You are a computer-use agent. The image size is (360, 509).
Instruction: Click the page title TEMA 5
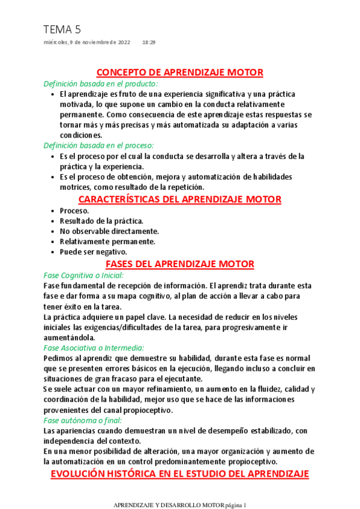(x=62, y=29)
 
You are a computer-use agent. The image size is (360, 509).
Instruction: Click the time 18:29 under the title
(x=149, y=43)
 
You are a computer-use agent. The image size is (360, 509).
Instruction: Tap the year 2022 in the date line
(x=122, y=43)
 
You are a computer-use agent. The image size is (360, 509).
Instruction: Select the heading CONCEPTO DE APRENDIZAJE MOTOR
(x=180, y=73)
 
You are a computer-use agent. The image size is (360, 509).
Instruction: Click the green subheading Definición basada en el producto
(x=101, y=83)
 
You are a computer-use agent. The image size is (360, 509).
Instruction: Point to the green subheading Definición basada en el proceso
(x=99, y=145)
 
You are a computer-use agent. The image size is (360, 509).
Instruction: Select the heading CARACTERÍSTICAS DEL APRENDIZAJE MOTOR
(x=180, y=199)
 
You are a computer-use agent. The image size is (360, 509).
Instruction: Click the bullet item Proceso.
(x=74, y=211)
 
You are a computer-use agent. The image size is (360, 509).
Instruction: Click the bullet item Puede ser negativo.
(x=93, y=251)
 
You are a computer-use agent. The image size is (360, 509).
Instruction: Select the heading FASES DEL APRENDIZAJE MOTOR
(x=180, y=264)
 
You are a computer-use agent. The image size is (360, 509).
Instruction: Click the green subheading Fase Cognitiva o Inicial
(x=83, y=275)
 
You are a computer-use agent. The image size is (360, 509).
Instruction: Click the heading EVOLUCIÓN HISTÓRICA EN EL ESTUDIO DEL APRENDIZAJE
(x=180, y=474)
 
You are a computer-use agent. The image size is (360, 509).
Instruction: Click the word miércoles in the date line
(x=56, y=43)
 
